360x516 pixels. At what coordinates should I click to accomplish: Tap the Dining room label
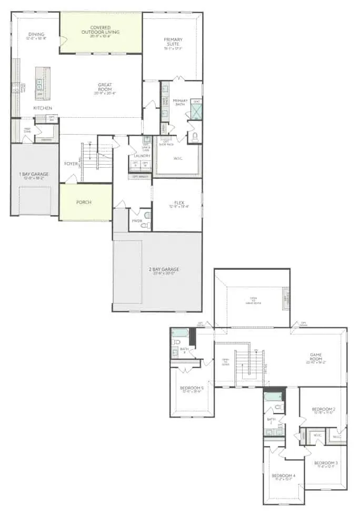click(37, 36)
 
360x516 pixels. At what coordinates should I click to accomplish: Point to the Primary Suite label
click(173, 43)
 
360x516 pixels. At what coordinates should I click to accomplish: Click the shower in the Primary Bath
click(196, 110)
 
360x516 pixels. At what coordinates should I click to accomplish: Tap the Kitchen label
click(43, 108)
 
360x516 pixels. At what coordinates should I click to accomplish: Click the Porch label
click(84, 203)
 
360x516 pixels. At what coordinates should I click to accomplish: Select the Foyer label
click(70, 164)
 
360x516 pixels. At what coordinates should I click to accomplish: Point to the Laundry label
click(142, 156)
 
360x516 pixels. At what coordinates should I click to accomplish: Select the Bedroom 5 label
click(192, 390)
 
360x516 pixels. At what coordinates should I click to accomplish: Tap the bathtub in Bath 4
click(180, 332)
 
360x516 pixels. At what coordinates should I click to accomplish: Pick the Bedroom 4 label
click(284, 476)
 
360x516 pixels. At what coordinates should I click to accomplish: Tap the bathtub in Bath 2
click(273, 396)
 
